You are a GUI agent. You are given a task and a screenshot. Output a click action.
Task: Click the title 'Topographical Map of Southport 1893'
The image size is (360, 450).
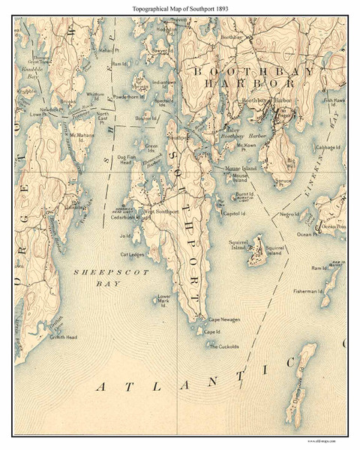click(x=179, y=8)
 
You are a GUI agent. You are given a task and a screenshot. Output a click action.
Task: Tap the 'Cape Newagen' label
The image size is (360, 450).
click(x=223, y=320)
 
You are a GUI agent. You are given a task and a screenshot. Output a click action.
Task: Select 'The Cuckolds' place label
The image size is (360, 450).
click(x=223, y=346)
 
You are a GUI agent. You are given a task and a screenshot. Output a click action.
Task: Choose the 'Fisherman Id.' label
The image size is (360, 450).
click(x=307, y=291)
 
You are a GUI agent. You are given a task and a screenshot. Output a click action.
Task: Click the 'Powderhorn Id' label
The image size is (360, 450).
click(x=129, y=96)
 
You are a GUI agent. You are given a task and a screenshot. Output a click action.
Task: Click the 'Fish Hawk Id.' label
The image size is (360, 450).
click(x=334, y=100)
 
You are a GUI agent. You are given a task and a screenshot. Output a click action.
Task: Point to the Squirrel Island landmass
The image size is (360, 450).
click(x=257, y=251)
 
